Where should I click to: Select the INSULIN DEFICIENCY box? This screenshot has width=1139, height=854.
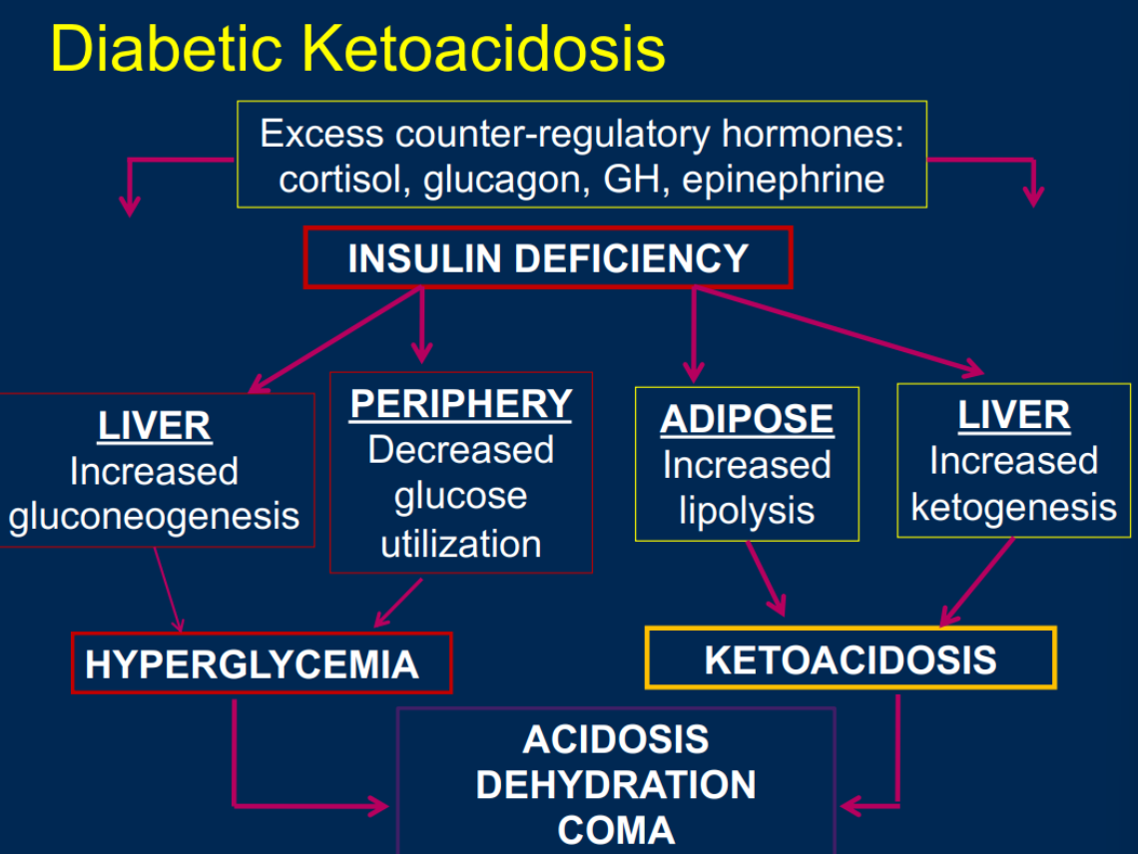[x=548, y=258]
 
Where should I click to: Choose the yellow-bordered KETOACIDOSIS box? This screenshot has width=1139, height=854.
[x=851, y=658]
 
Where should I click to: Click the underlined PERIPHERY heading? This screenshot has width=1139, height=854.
[x=461, y=403]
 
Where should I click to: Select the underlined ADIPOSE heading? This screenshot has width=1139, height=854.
[x=747, y=419]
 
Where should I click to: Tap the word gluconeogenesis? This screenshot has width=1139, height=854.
[x=155, y=516]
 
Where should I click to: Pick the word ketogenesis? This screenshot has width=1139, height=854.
[x=1013, y=507]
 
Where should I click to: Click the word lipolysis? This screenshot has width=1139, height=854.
[x=747, y=511]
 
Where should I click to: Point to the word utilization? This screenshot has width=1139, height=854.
[x=461, y=544]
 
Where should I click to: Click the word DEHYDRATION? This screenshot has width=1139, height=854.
[x=616, y=784]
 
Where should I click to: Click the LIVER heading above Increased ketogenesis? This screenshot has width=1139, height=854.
[x=1013, y=415]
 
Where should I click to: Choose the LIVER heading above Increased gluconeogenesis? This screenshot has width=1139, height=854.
[x=155, y=426]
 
